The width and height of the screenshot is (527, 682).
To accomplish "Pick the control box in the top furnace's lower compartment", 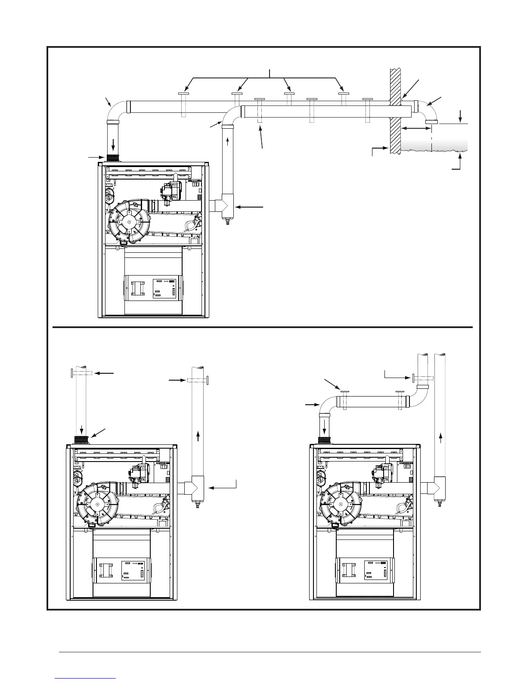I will (x=153, y=288).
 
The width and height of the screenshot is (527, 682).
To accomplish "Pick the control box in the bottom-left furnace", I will (x=121, y=570).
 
